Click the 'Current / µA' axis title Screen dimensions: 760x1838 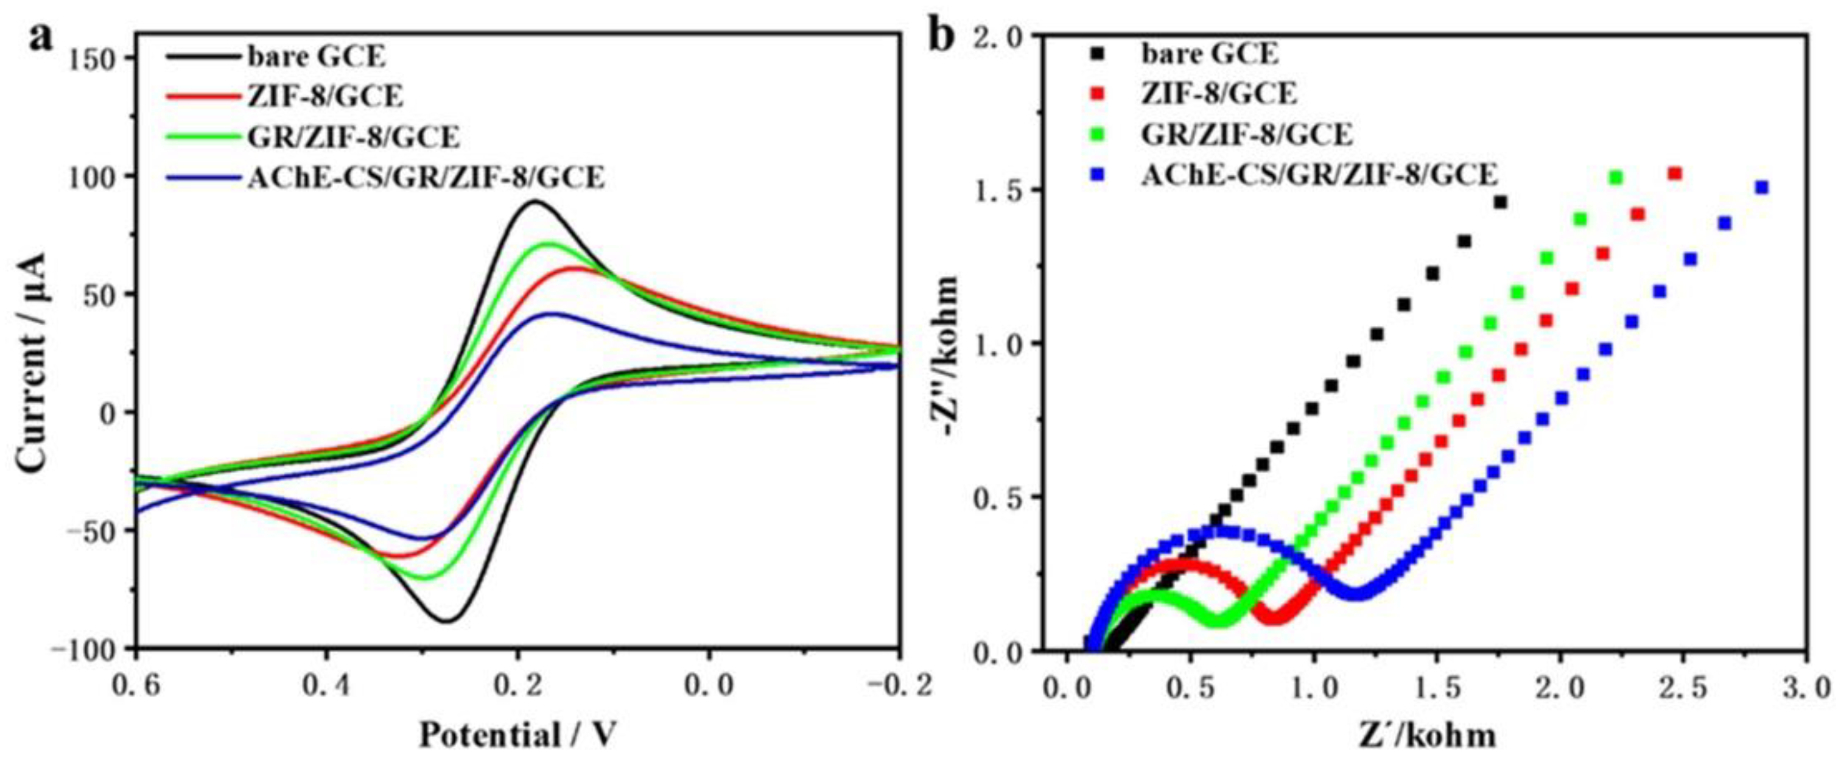[34, 353]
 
